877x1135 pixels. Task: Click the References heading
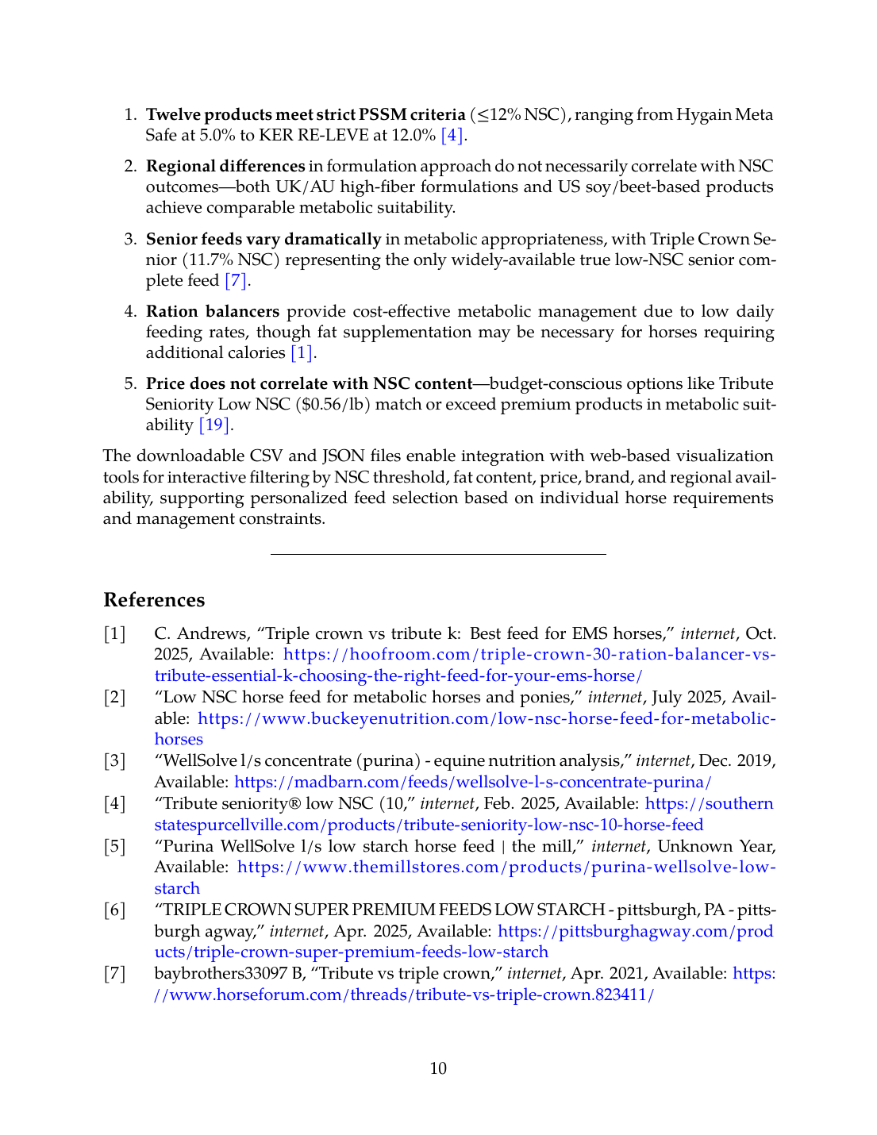point(154,600)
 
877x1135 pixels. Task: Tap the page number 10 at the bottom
point(438,1068)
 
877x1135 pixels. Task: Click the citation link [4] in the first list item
point(452,135)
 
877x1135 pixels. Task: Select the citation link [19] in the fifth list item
point(214,425)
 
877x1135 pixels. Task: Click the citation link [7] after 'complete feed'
point(237,280)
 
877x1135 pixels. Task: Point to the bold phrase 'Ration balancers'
point(213,311)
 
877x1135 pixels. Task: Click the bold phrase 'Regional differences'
point(225,166)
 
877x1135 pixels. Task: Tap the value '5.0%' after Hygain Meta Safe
point(217,135)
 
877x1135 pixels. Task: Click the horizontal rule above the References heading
point(438,554)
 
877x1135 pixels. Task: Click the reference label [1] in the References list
point(114,633)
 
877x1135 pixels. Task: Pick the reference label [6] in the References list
point(114,910)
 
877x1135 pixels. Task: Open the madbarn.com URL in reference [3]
point(473,782)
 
